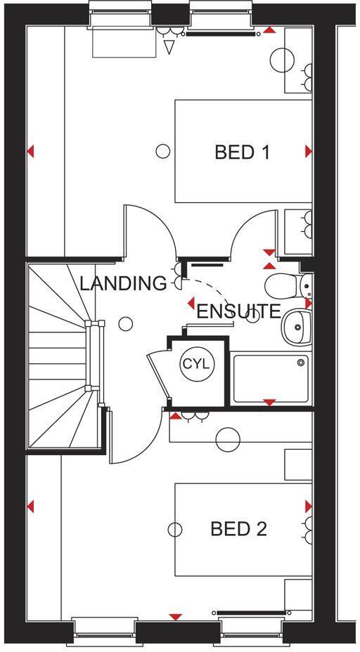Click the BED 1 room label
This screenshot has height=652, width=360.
coord(243,152)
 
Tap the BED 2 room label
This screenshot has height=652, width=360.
coord(238,529)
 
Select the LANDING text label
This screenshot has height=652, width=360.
coord(123,283)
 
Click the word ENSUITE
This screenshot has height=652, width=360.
coord(238,312)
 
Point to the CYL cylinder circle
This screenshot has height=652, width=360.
coord(195,364)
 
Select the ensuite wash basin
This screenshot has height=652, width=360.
coord(297,326)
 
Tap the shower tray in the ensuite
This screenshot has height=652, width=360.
coord(270,379)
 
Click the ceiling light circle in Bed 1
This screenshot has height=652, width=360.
coord(163,150)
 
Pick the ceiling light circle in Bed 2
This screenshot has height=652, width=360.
coord(176,528)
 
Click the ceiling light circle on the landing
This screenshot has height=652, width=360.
coord(126,324)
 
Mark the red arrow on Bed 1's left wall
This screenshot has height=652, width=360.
coord(31,151)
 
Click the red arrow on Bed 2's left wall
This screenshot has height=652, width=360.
coord(31,506)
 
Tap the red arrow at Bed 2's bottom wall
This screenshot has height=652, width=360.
coord(175,617)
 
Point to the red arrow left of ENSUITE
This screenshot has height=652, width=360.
coord(191,304)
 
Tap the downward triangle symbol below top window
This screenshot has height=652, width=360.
coord(168,47)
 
